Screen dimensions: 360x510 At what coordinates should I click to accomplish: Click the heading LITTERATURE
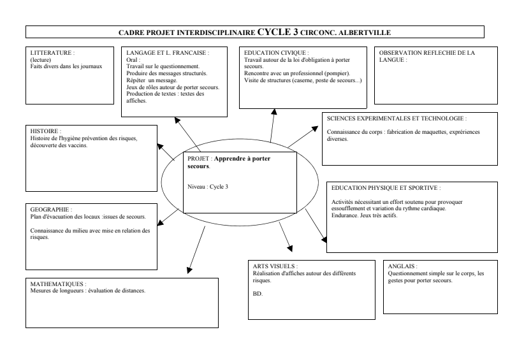coord(48,53)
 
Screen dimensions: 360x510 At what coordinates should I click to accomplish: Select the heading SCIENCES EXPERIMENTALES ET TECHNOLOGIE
coord(396,119)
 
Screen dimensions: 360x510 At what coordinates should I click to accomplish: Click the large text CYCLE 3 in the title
coord(278,31)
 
